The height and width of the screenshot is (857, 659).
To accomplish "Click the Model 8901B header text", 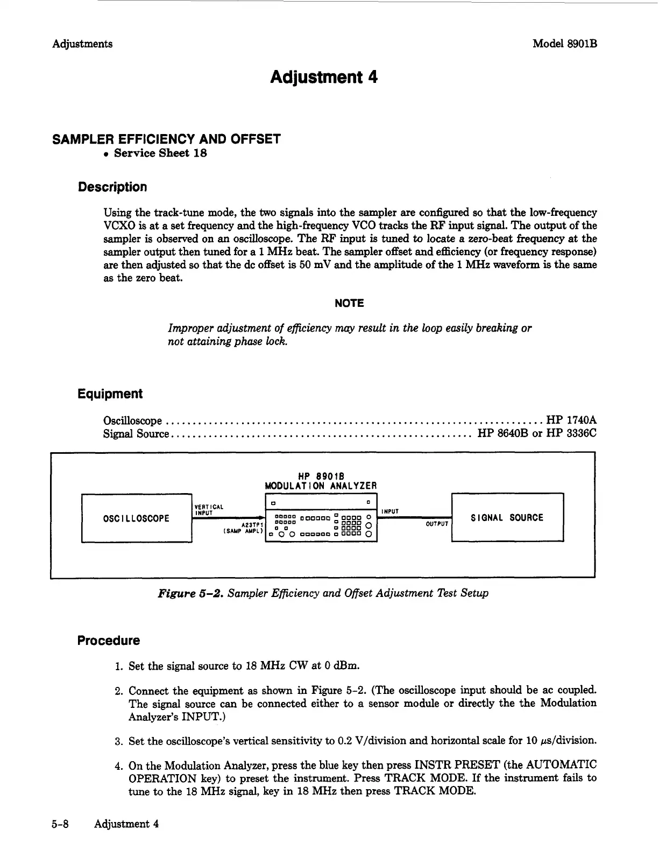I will pos(564,44).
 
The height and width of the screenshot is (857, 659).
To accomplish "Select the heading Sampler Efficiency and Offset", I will pos(166,139).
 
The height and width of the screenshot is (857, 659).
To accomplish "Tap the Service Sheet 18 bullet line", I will pos(160,153).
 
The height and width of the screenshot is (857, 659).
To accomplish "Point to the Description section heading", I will pos(112,187).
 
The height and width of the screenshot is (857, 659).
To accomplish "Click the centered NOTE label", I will pos(349,303).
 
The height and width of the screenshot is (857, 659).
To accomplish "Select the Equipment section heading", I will pos(110,394).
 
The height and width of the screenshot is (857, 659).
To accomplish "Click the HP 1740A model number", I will pos(571,420).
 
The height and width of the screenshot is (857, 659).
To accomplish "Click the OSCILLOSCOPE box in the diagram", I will pos(136,518).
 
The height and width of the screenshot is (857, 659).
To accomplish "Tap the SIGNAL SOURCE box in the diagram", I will pos(507,518).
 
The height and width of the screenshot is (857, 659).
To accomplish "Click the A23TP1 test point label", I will pos(251,524).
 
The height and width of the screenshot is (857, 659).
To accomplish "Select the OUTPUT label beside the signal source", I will pos(437,524).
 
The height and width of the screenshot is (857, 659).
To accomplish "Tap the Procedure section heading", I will pos(108,641).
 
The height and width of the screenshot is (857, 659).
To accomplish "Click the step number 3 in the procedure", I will pos(119,741).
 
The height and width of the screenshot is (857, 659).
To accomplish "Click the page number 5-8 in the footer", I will pos(60,824).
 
